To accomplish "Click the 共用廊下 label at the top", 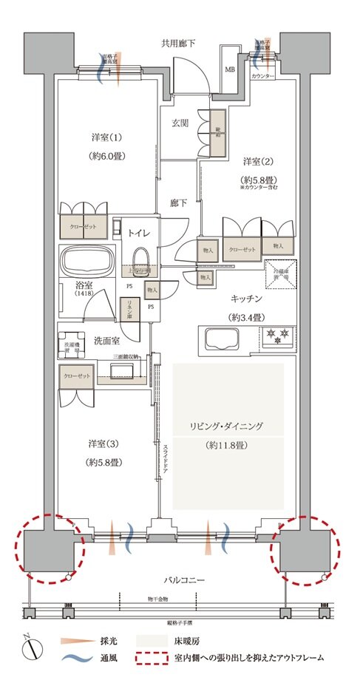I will [179, 44].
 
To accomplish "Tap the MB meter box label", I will [230, 70].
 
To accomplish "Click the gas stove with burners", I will [278, 337].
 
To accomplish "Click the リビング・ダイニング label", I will [228, 426].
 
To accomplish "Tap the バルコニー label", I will [180, 579].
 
